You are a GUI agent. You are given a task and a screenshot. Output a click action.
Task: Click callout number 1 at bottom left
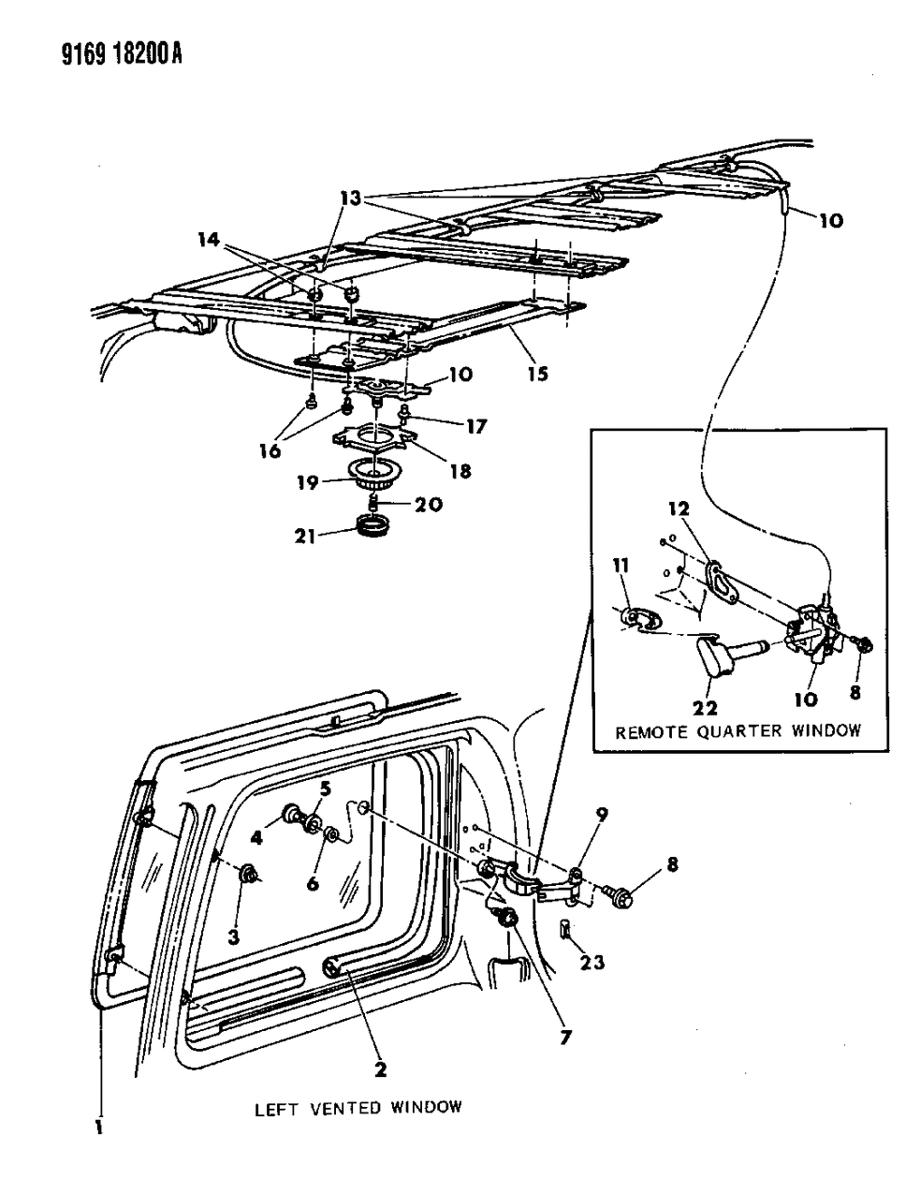[97, 1128]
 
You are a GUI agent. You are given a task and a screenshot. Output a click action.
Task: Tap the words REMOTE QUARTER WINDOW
[737, 731]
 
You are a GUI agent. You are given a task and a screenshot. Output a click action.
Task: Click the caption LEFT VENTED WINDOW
[358, 1107]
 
